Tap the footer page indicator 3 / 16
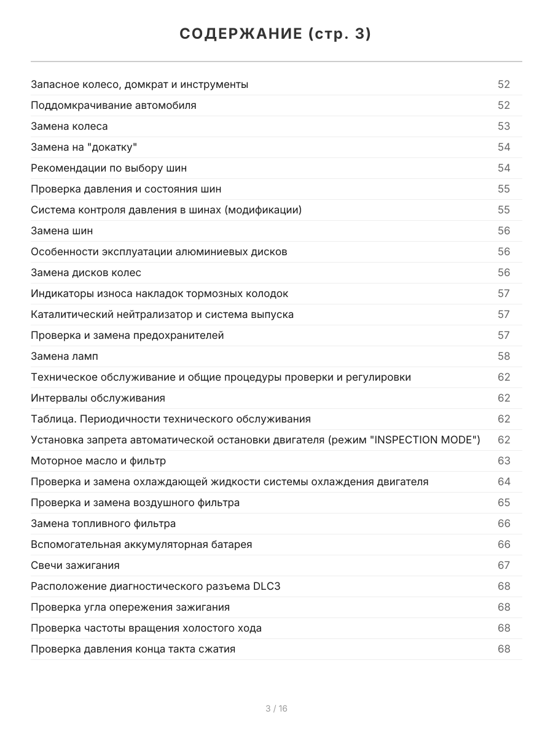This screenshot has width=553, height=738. [276, 708]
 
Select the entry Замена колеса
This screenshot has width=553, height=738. [69, 126]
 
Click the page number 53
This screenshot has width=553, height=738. [504, 126]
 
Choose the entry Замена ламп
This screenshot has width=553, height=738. [65, 356]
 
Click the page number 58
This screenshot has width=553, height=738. [504, 356]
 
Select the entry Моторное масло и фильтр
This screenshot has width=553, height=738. [98, 461]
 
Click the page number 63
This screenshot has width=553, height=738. [504, 461]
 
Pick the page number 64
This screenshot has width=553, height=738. [504, 482]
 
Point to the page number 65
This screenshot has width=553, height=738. [504, 502]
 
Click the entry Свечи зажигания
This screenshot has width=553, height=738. [75, 565]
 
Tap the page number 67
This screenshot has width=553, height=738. [504, 565]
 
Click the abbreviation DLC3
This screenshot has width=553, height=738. [267, 586]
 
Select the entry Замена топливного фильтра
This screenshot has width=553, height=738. [103, 523]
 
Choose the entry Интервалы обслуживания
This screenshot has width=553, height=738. [98, 398]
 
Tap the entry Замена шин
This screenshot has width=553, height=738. [62, 231]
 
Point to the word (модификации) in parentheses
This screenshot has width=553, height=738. [263, 210]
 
